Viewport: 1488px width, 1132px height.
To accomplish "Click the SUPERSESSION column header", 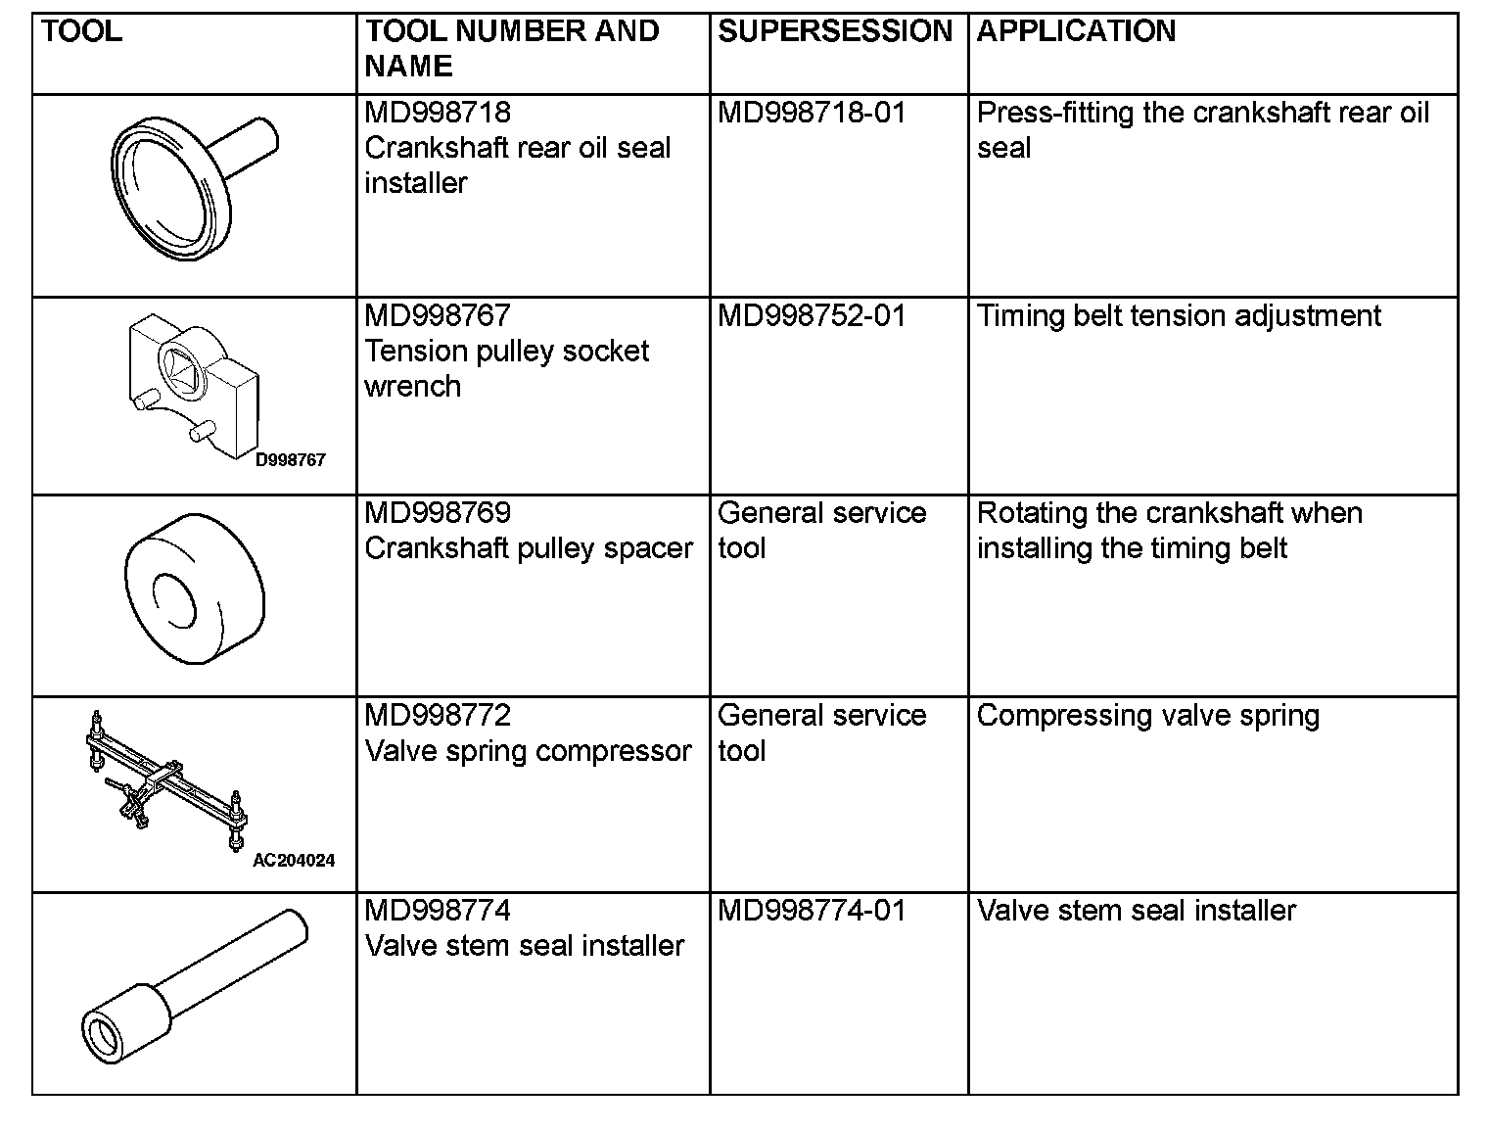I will [x=835, y=31].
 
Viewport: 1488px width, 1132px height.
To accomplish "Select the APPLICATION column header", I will [x=1076, y=31].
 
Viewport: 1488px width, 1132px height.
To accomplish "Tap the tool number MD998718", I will [x=438, y=113].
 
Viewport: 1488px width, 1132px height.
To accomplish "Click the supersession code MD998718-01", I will [x=812, y=113].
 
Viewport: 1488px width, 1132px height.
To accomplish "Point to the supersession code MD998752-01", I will [x=812, y=316].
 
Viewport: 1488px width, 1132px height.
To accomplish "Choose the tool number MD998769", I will [x=438, y=513].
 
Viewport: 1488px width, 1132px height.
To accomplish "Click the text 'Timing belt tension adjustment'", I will [x=1179, y=316].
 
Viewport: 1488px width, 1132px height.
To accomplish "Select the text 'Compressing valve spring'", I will [x=1147, y=716].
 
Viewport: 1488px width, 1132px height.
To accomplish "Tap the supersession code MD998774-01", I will [x=812, y=911].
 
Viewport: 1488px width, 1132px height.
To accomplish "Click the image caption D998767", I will [x=290, y=459].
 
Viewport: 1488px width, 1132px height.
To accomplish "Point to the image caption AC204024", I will [x=294, y=861].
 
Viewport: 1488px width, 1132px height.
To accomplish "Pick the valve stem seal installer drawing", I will [x=192, y=989].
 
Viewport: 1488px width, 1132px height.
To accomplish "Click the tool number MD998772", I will [x=438, y=716].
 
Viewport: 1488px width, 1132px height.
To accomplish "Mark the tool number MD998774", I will [x=438, y=911].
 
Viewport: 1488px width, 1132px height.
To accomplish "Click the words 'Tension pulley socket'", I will [x=506, y=352].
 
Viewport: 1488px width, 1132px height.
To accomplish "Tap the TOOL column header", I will [x=82, y=31].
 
